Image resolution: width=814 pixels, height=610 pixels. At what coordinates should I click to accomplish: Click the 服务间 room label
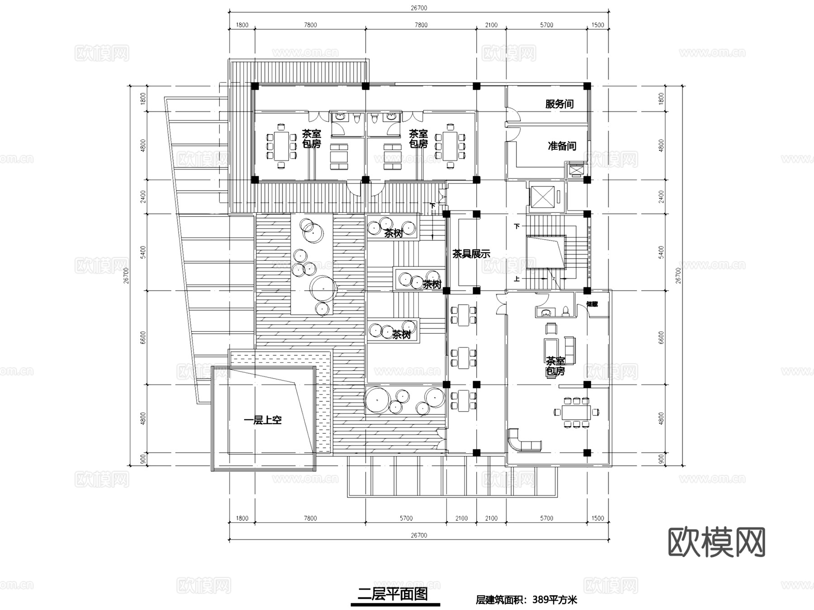559,104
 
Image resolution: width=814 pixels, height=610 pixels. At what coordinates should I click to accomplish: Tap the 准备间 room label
562,146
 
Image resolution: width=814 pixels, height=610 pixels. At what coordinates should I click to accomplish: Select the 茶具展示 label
471,254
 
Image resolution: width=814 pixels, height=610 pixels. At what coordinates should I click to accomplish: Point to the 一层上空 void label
262,420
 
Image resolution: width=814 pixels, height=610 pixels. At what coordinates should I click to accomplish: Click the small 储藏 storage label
592,304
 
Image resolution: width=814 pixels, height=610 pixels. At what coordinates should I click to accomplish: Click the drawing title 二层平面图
393,594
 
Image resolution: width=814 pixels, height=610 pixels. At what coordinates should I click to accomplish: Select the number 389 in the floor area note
541,600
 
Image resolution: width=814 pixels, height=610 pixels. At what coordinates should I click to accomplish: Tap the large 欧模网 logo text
716,542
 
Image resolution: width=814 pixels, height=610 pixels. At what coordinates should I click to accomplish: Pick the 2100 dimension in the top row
491,25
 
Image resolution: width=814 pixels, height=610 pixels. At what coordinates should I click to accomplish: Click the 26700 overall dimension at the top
419,8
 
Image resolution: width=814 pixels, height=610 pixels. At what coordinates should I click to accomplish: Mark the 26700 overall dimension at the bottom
419,535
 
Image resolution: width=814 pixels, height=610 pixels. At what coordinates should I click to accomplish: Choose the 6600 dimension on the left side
143,337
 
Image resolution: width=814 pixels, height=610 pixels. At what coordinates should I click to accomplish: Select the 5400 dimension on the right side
661,252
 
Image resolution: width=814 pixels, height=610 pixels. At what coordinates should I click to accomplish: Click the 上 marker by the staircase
517,279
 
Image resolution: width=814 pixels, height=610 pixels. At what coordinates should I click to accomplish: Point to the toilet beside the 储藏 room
565,311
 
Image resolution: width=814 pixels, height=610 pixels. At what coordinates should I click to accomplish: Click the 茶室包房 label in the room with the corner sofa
555,366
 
